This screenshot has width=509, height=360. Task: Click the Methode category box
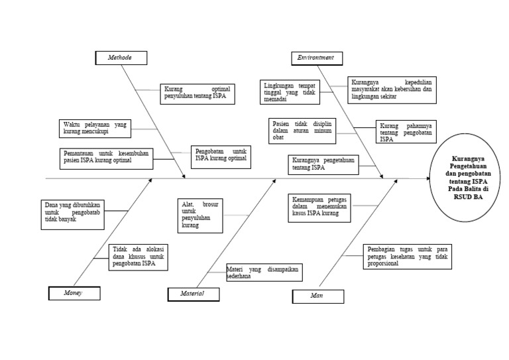click(x=121, y=58)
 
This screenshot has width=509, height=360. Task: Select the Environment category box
click(x=317, y=58)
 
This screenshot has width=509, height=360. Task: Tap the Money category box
click(x=74, y=293)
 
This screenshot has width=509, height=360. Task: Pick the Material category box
click(x=192, y=293)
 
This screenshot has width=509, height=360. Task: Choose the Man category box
click(x=317, y=296)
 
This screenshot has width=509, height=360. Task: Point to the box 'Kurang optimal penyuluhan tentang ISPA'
click(x=196, y=94)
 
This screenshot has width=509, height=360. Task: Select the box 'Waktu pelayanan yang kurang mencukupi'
click(x=94, y=127)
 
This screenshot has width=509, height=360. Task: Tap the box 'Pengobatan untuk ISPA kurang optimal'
click(x=221, y=156)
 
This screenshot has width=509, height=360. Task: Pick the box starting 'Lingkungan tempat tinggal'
click(x=289, y=92)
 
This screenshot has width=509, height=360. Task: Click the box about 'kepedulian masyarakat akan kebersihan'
click(x=392, y=90)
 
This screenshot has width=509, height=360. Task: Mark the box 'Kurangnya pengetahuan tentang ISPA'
click(x=323, y=164)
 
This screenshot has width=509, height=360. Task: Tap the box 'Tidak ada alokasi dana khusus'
click(x=139, y=257)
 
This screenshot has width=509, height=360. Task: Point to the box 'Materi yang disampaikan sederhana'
click(x=263, y=272)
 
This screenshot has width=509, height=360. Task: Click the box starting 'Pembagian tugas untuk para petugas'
click(x=407, y=257)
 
